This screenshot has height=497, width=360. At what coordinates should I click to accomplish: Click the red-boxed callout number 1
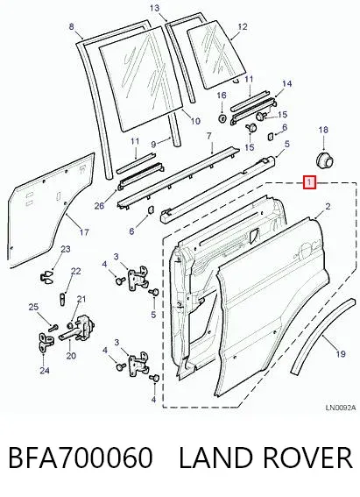click(x=309, y=183)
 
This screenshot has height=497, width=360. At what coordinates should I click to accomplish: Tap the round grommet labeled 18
click(x=325, y=160)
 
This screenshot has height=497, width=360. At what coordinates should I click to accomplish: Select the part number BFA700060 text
click(x=80, y=458)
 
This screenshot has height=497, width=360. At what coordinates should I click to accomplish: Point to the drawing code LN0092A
click(x=341, y=408)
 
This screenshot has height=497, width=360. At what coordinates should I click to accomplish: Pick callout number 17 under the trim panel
click(x=84, y=232)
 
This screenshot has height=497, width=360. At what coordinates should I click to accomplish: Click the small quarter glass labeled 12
click(x=216, y=54)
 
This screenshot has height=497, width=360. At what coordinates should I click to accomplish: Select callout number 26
click(x=99, y=206)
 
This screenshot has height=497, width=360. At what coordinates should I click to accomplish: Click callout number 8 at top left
click(x=71, y=26)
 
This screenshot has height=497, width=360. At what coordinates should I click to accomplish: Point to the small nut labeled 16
click(x=222, y=118)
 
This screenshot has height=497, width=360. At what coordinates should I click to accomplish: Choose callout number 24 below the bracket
click(x=45, y=370)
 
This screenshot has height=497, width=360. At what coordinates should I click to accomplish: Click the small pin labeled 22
click(x=62, y=299)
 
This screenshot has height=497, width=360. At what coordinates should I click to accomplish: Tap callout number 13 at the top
click(x=154, y=8)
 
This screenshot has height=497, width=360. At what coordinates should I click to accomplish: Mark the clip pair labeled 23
click(x=47, y=276)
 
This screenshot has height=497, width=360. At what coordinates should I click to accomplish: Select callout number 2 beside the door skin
click(x=328, y=207)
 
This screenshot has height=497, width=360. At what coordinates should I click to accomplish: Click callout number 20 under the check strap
click(x=71, y=356)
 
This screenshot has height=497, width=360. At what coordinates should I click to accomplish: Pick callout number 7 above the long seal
click(x=208, y=136)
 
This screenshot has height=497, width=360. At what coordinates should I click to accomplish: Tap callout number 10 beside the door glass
click(x=195, y=121)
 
